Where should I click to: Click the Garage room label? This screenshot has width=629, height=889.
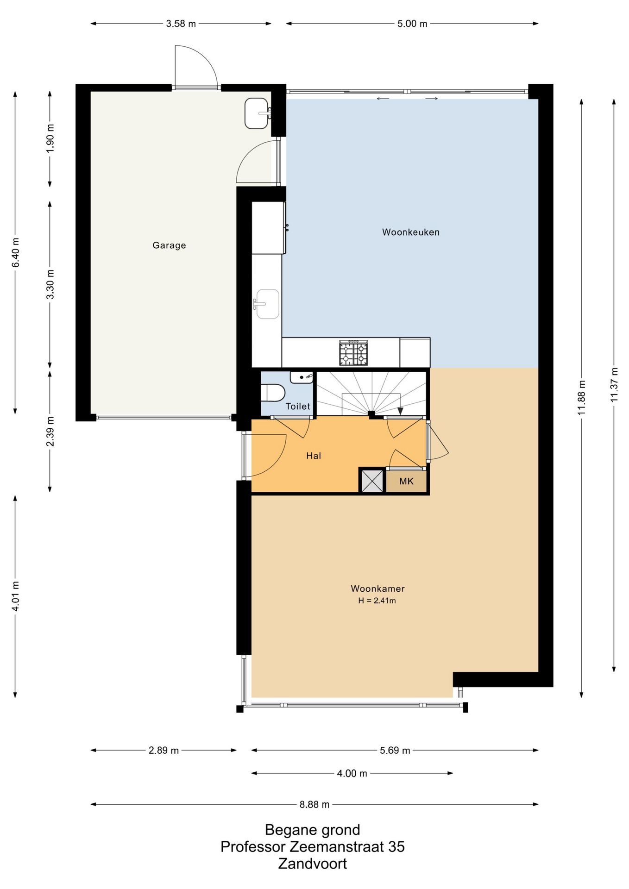point(169,245)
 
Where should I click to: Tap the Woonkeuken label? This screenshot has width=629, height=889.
point(411,232)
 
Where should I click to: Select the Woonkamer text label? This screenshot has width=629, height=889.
point(377,588)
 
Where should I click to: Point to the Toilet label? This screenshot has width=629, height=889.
point(298,407)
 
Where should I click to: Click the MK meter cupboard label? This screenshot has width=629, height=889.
point(406,482)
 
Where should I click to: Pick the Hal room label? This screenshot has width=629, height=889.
point(314,456)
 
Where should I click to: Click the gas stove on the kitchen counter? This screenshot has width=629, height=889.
point(353,353)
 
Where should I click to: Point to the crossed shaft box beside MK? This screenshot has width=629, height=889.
point(372,481)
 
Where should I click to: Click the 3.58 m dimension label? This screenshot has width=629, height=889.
point(181,24)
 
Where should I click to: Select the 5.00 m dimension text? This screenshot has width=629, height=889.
point(412,24)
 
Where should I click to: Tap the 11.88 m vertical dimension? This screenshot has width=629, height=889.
point(582,398)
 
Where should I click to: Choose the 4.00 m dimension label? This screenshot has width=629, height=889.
point(352,773)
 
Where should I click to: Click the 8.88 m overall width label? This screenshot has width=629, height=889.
point(314,804)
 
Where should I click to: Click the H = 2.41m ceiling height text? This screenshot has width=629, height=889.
point(377,601)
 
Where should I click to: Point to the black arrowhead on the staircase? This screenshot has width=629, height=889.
point(400,411)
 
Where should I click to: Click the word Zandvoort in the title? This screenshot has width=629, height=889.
point(313,864)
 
